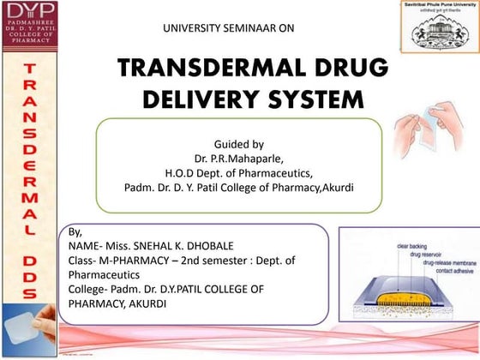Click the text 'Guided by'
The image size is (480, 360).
pos(237,143)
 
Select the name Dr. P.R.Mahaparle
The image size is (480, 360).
pos(237,158)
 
